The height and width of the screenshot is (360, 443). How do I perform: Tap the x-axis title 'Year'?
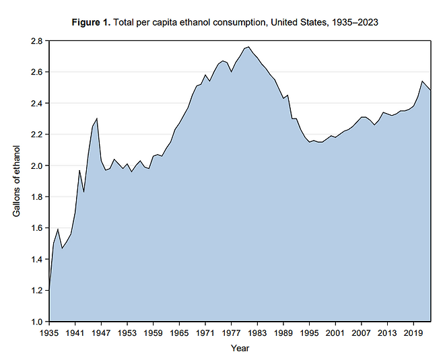(240, 348)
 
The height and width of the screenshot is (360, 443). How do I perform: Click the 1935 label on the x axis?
(49, 332)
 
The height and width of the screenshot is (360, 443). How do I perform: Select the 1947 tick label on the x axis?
(101, 332)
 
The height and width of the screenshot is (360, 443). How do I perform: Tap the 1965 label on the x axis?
(179, 332)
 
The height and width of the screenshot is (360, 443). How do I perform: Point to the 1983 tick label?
(257, 332)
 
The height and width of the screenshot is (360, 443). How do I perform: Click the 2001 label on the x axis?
(335, 332)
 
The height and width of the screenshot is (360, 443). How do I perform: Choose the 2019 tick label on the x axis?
(413, 332)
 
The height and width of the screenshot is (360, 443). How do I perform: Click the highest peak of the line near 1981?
(248, 47)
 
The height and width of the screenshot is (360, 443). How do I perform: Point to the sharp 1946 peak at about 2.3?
(97, 118)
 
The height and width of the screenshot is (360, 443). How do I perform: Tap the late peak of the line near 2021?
(421, 81)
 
